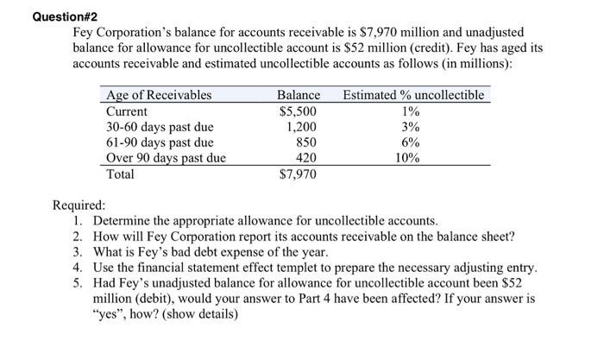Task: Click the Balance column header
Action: (x=299, y=95)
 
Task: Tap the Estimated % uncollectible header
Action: (x=413, y=95)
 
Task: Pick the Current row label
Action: (x=127, y=111)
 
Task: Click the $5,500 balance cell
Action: (x=299, y=111)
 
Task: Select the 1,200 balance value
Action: (x=301, y=127)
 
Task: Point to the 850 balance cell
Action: (x=305, y=142)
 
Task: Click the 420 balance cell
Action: (x=305, y=158)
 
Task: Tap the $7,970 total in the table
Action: (x=299, y=174)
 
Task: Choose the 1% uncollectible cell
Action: (x=412, y=111)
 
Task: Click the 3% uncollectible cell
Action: (x=412, y=127)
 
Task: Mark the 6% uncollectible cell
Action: (x=412, y=142)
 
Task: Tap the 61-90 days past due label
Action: (x=159, y=142)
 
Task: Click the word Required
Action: (x=79, y=205)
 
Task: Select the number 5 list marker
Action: (x=78, y=283)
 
